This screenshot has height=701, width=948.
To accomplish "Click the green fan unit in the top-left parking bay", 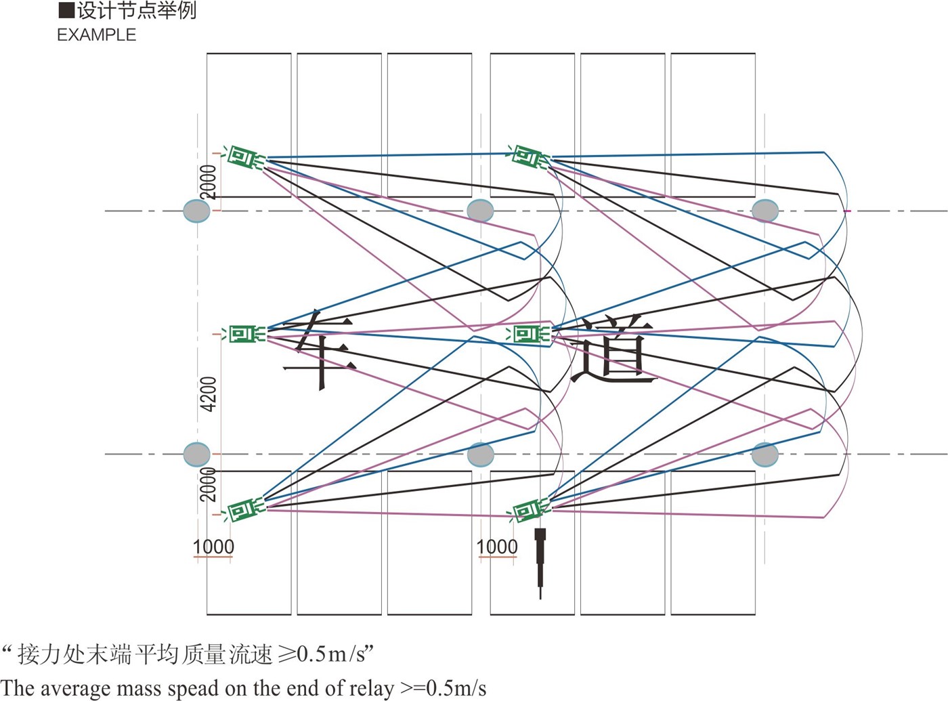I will (244, 158).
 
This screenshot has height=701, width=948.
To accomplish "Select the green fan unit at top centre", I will (528, 157).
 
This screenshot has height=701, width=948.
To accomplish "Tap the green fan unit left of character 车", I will (244, 334).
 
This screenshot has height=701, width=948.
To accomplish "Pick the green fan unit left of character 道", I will (530, 334).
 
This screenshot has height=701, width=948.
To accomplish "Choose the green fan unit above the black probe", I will (529, 509).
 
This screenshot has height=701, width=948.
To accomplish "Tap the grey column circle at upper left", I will (197, 211).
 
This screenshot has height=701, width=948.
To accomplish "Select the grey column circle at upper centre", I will (481, 211).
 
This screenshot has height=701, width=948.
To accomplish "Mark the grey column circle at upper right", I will (765, 211).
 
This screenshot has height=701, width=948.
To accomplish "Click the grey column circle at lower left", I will (197, 454).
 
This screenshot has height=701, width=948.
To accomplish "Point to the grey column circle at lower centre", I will (481, 454).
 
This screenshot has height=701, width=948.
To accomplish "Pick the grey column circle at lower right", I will (765, 454).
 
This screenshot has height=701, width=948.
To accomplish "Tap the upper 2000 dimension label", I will (209, 182).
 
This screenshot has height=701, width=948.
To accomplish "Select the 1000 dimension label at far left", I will (213, 547).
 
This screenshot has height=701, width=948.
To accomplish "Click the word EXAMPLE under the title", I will (96, 35).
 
